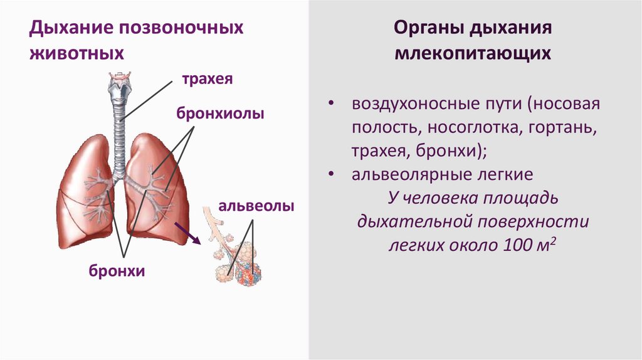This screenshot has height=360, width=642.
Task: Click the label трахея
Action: (207, 80)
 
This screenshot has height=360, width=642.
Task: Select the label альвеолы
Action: (256, 206)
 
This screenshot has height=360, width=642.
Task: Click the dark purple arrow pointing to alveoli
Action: (188, 232)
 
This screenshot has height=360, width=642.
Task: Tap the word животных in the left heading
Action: (76, 53)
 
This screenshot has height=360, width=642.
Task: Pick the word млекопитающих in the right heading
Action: (473, 53)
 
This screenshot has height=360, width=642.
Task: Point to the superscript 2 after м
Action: (555, 240)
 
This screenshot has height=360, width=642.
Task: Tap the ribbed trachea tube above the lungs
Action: (118, 132)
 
